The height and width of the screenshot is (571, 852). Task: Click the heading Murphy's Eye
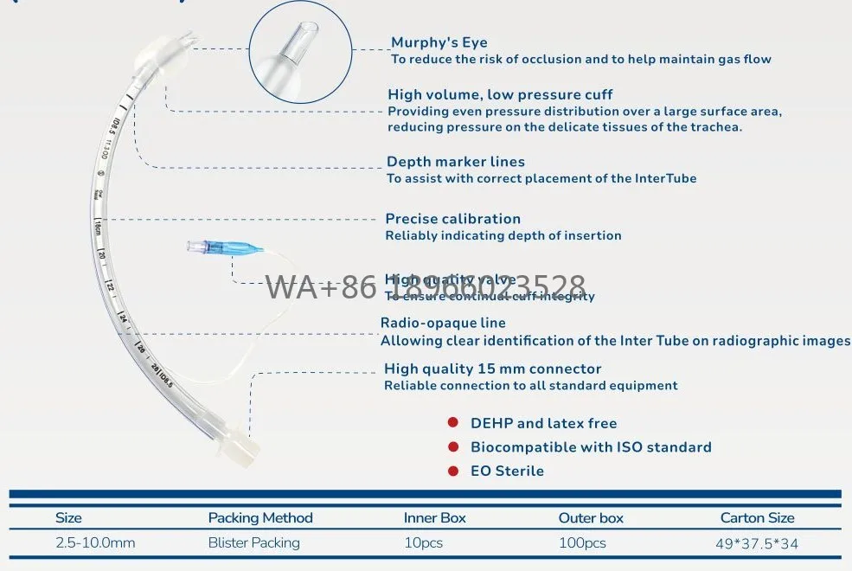(439, 42)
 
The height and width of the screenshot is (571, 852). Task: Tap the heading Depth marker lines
(455, 162)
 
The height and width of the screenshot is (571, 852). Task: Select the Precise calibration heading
(452, 219)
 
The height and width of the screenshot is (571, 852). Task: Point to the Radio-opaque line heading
(443, 324)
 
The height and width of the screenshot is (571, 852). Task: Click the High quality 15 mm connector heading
(492, 369)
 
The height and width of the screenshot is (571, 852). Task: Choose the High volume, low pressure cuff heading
(500, 94)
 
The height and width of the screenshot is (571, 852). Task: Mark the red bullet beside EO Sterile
(452, 471)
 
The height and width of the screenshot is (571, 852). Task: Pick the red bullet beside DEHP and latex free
(452, 423)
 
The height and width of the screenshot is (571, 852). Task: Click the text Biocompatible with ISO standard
(591, 447)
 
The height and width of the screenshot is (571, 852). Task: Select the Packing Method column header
(260, 517)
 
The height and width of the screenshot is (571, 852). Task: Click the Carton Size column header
(757, 517)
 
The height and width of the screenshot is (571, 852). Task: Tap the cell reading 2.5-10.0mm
(95, 543)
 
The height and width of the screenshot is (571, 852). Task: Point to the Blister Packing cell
(253, 543)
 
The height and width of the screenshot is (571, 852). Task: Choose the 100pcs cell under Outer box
(582, 543)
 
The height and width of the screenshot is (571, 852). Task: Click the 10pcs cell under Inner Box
(423, 543)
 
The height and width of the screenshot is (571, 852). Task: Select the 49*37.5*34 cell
(758, 543)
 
